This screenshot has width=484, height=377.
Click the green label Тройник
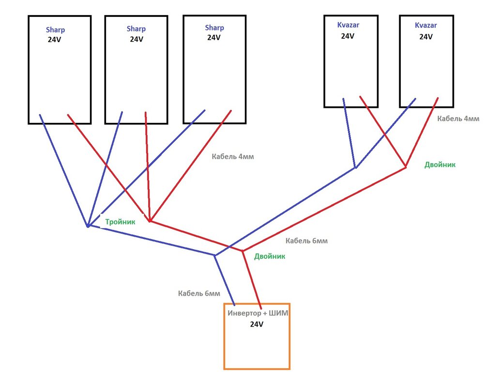(120, 222)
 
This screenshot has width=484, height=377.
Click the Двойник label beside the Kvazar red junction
(440, 165)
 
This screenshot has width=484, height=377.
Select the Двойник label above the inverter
(270, 256)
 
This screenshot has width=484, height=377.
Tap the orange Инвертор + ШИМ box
(257, 344)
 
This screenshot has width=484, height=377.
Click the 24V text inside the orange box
(257, 324)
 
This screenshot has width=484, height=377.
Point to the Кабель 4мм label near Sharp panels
(233, 157)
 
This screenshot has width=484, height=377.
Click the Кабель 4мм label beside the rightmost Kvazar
(458, 119)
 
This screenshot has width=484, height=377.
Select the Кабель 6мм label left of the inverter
(199, 293)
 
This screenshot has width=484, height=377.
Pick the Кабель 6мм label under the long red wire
(306, 241)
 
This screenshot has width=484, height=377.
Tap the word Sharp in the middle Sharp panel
(136, 29)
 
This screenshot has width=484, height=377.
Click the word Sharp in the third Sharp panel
(214, 28)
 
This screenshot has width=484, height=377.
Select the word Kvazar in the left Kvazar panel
(348, 25)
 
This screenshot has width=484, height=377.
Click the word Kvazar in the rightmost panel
(425, 25)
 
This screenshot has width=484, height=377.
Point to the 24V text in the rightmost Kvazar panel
(425, 36)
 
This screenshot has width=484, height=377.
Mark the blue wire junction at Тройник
(88, 226)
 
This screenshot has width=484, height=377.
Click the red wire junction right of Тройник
(150, 221)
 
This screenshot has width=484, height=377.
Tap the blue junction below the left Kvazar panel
(355, 167)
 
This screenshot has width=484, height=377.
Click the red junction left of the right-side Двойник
(406, 167)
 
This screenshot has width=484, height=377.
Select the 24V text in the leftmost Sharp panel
(54, 40)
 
